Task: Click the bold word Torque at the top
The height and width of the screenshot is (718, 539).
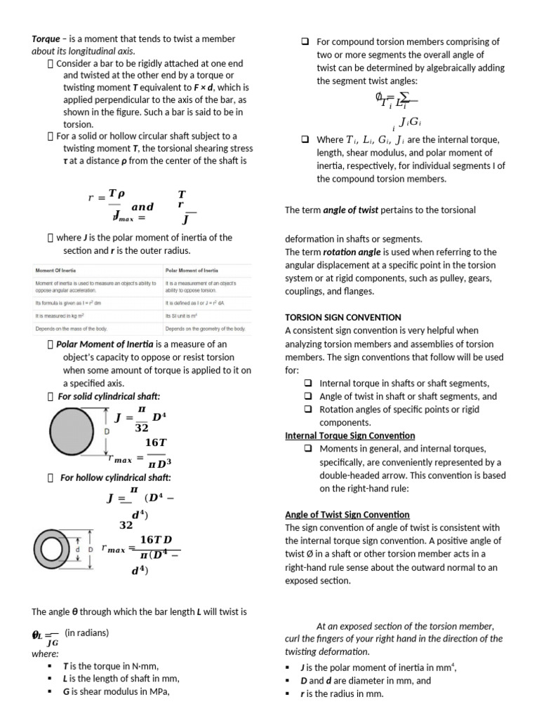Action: (47, 39)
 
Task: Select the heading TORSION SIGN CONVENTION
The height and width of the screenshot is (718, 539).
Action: (342, 318)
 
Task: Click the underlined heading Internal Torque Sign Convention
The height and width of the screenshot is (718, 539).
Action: (350, 435)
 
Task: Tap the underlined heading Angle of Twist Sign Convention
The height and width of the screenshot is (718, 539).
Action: (347, 515)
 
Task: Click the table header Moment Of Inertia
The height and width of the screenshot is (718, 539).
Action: (55, 270)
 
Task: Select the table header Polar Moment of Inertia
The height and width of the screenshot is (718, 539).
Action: (192, 270)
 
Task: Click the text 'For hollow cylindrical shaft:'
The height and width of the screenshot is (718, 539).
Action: (116, 477)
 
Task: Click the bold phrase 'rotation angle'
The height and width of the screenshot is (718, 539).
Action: (349, 252)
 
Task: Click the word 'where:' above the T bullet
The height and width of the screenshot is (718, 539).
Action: (45, 653)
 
